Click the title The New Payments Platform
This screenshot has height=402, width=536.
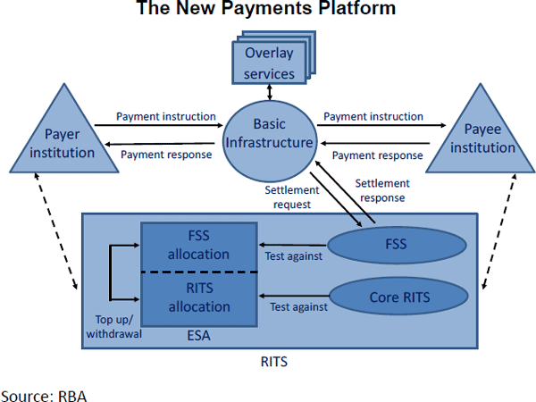[x=266, y=10]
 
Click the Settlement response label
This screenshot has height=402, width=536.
[x=382, y=190]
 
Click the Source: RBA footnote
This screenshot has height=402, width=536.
[x=44, y=393]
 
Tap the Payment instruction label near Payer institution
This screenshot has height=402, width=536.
[x=166, y=117]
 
